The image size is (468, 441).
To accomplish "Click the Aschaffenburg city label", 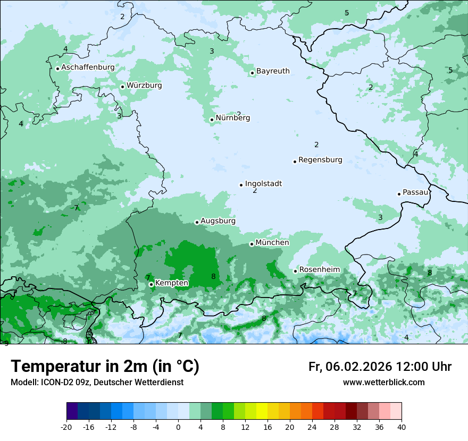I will (x=88, y=67).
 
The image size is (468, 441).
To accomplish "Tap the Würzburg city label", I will (x=144, y=85).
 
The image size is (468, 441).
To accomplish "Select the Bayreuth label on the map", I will (x=273, y=71).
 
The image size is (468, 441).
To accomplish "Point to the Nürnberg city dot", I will (x=212, y=120).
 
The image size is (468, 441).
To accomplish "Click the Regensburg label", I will (x=320, y=159).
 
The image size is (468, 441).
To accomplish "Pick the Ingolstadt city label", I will (x=263, y=183).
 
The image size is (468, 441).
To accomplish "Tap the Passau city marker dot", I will (x=399, y=194).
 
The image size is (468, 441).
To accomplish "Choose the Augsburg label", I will (x=218, y=220).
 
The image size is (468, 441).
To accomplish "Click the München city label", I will (x=272, y=242).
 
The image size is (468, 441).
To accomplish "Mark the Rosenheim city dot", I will (x=295, y=271).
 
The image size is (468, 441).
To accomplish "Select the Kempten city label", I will (x=171, y=283).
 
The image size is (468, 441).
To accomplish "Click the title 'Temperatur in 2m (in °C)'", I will (x=105, y=366).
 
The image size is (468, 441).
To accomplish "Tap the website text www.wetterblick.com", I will (x=383, y=382).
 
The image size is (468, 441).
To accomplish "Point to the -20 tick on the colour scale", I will (x=66, y=427).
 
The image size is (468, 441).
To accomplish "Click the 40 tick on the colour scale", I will (x=402, y=427).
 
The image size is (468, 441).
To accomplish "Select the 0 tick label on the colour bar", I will (x=178, y=427).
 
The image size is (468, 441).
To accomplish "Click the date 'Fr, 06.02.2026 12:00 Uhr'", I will (x=380, y=367).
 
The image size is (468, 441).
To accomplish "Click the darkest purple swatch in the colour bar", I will (x=72, y=411).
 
